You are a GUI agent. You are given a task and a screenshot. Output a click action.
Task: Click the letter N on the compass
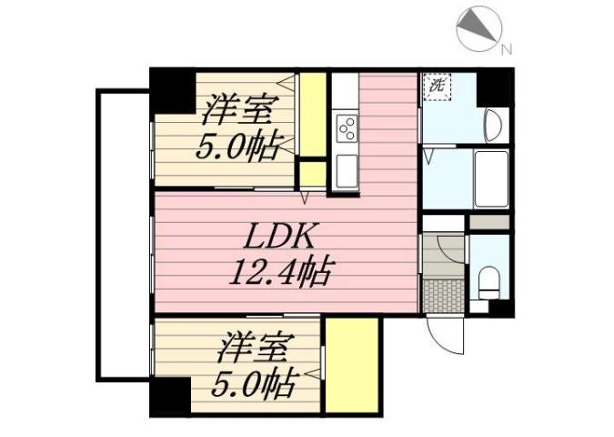507,48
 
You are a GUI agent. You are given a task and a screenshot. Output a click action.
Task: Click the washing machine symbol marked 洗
438,87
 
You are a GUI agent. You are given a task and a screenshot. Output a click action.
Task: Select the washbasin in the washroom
493,124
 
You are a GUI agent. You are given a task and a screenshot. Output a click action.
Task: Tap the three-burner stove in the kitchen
346,128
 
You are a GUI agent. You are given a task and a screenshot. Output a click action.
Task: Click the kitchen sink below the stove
346,170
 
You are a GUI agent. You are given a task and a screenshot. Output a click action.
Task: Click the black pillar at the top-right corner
495,87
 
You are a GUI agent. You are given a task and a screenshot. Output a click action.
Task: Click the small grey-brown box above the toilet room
489,222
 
